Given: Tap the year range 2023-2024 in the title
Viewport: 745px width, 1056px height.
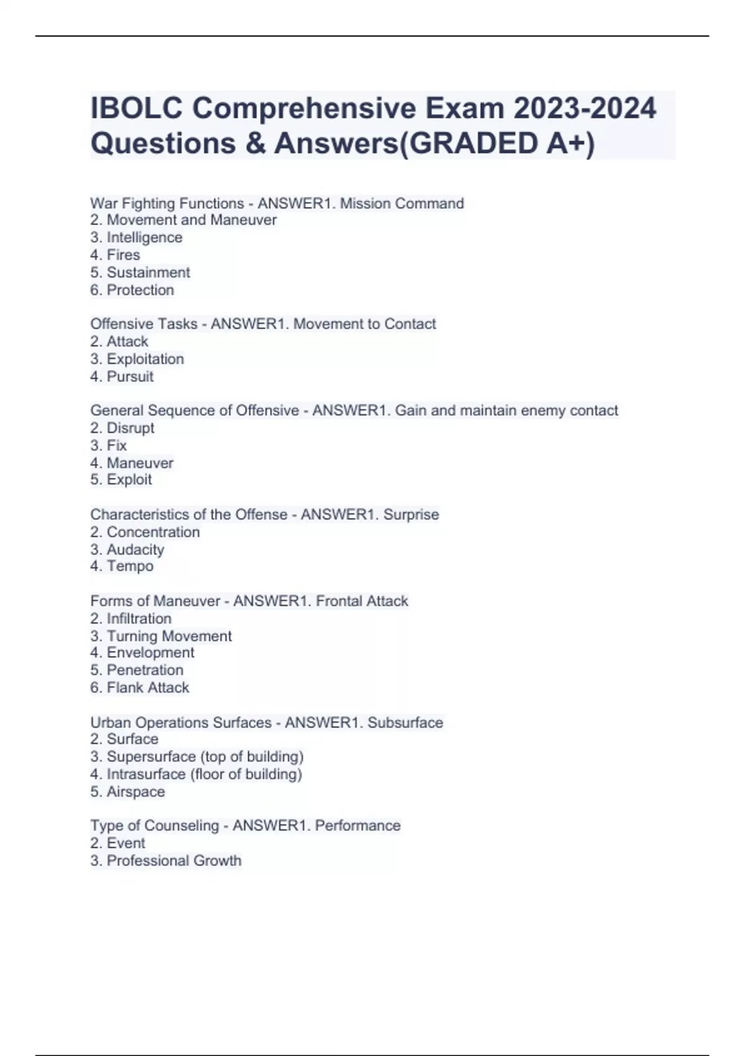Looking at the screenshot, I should point(584,108).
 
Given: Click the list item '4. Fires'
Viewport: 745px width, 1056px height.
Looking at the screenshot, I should point(115,255).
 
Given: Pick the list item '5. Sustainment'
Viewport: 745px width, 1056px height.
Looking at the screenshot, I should point(140,272).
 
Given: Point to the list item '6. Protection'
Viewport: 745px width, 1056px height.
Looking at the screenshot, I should point(132,289).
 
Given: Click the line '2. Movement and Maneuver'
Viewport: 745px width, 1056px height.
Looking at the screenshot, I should point(183,220).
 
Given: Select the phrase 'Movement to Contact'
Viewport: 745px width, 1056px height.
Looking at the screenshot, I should point(364,324).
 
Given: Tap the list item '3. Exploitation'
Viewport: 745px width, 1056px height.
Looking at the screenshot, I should point(137,359).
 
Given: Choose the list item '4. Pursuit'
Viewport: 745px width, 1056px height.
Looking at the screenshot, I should point(122,376).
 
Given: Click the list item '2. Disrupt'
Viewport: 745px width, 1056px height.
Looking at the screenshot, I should point(122,428).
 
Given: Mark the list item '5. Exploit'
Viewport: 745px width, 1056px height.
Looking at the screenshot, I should point(120,480).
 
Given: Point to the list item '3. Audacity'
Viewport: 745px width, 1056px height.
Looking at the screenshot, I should point(127,549).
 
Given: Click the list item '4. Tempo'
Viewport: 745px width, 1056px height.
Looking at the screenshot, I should point(122,566).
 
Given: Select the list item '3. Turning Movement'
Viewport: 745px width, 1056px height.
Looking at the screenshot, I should point(161,635).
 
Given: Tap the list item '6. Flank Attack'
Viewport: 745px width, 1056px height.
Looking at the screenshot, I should point(139,687).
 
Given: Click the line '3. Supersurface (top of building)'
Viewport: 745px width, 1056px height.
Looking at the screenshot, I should point(197,757).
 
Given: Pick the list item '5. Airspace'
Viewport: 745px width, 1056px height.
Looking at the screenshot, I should point(127,791).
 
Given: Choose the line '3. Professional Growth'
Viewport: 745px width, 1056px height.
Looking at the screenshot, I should point(166,860).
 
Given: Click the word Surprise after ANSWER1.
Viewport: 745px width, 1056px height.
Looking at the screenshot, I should point(411,514).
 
